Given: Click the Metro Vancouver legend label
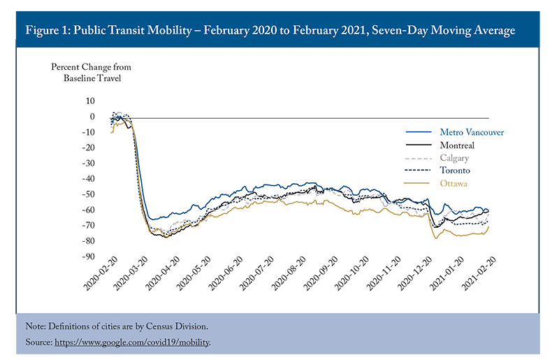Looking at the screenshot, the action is [x=472, y=132].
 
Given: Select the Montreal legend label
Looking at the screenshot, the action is [x=457, y=145].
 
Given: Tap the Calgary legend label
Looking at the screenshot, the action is [x=454, y=158].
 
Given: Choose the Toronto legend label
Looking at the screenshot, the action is [x=455, y=171].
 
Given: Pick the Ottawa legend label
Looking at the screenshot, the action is [x=453, y=183].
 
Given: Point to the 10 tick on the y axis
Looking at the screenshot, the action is [x=90, y=101].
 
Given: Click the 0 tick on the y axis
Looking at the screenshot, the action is [x=92, y=117].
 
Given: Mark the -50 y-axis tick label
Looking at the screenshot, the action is [x=89, y=194].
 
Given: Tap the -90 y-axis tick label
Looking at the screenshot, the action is [x=89, y=257].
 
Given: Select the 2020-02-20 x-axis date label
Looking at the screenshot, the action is [x=100, y=273].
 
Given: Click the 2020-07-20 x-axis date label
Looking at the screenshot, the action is [x=256, y=273].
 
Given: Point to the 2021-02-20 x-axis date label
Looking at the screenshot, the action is [x=479, y=273].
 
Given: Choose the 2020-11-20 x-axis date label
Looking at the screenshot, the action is [x=383, y=273].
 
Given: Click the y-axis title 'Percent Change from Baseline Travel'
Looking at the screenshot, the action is [x=92, y=73].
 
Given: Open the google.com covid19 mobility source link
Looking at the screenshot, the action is [x=132, y=343].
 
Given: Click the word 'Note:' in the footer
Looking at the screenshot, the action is [x=36, y=326].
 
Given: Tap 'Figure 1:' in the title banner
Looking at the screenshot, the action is [x=48, y=30].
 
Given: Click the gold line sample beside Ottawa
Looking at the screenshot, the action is [x=416, y=183].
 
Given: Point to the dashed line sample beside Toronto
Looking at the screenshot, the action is [x=418, y=171].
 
